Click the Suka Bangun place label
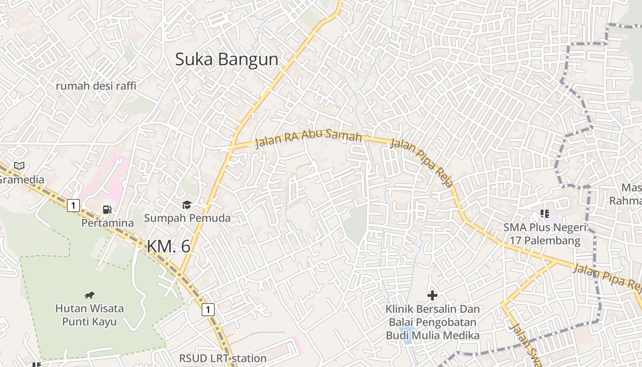click(x=227, y=60)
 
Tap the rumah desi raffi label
click(x=96, y=86)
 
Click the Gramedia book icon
click(x=19, y=166)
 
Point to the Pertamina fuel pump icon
click(x=107, y=210)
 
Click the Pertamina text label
click(x=108, y=223)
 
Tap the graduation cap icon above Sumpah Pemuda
click(x=187, y=205)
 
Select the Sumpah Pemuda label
click(x=187, y=218)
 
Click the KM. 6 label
click(x=168, y=246)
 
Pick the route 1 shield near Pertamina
click(x=73, y=205)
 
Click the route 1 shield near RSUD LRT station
click(x=208, y=310)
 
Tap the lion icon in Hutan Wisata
click(x=89, y=295)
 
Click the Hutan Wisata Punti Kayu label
click(x=89, y=315)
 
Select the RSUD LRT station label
click(x=222, y=358)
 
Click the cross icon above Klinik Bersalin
click(x=432, y=295)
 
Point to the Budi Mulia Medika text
click(x=432, y=336)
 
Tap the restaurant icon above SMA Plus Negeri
click(x=545, y=213)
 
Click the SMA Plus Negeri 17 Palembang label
click(x=545, y=234)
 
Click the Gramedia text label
click(x=22, y=179)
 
